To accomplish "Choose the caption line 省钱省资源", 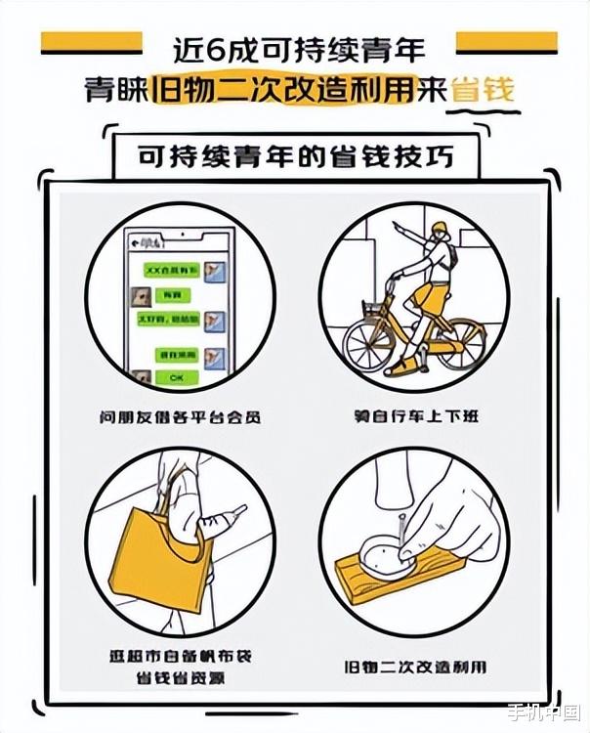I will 181,676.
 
